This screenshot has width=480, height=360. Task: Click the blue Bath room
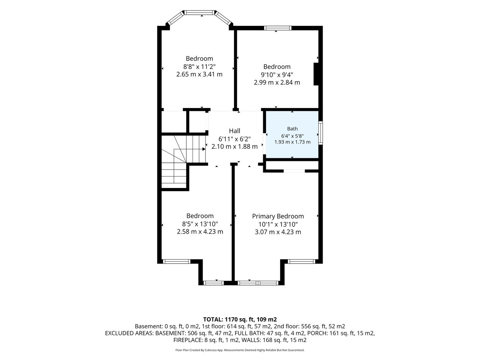pyautogui.click(x=292, y=134)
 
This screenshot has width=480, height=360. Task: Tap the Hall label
pyautogui.click(x=234, y=131)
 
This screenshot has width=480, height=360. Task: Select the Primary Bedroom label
pyautogui.click(x=278, y=216)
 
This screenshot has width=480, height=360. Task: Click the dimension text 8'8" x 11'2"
pyautogui.click(x=199, y=67)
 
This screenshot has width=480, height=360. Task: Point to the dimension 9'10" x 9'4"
pyautogui.click(x=277, y=75)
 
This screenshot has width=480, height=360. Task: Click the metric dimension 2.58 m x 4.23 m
pyautogui.click(x=200, y=232)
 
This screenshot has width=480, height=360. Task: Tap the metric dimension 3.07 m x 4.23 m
pyautogui.click(x=278, y=232)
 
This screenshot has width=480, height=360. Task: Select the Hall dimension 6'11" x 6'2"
pyautogui.click(x=234, y=139)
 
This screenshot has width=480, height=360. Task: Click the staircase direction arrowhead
pyautogui.click(x=204, y=149)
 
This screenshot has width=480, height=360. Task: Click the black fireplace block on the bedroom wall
pyautogui.click(x=316, y=74)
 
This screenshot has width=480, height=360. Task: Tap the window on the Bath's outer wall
pyautogui.click(x=320, y=133)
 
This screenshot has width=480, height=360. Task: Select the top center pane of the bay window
pyautogui.click(x=199, y=13)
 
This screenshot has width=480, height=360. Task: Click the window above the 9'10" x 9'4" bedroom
pyautogui.click(x=278, y=28)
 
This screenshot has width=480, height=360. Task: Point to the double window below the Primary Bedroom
pyautogui.click(x=258, y=283)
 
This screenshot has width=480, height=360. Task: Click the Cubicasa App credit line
pyautogui.click(x=240, y=350)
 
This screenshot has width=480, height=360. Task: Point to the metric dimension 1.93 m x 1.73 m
pyautogui.click(x=292, y=142)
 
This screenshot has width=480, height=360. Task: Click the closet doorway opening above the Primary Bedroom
pyautogui.click(x=294, y=171)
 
